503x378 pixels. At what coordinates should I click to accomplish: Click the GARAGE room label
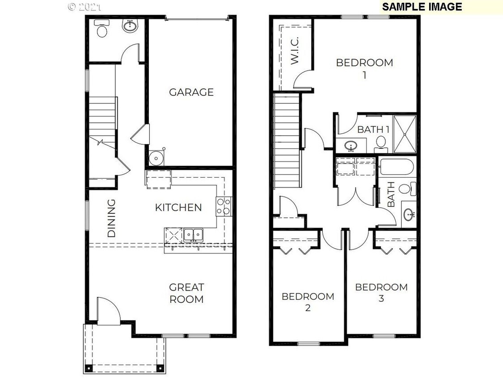coord(191,92)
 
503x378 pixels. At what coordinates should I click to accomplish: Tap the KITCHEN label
coord(178,207)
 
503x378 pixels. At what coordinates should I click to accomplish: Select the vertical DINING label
coord(112,218)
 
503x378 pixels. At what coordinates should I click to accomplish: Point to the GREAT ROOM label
coord(186,293)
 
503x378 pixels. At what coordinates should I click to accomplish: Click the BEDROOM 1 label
coord(364,68)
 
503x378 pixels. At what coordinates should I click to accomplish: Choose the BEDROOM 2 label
coord(308,302)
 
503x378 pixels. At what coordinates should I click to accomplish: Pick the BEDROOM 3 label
coord(381,292)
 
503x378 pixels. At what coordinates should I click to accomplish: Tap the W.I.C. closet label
coord(295,52)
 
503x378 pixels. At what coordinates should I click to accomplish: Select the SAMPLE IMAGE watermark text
coord(422,7)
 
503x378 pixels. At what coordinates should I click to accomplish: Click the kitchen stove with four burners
coord(224,206)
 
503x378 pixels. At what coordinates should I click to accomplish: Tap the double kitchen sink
coord(193,234)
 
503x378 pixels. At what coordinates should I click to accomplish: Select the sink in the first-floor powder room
coord(130,26)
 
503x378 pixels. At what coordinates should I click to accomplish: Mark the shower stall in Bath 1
coord(405,133)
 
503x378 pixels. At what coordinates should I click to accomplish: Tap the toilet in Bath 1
coord(381,142)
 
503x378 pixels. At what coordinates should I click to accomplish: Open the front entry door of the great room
coord(109,312)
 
